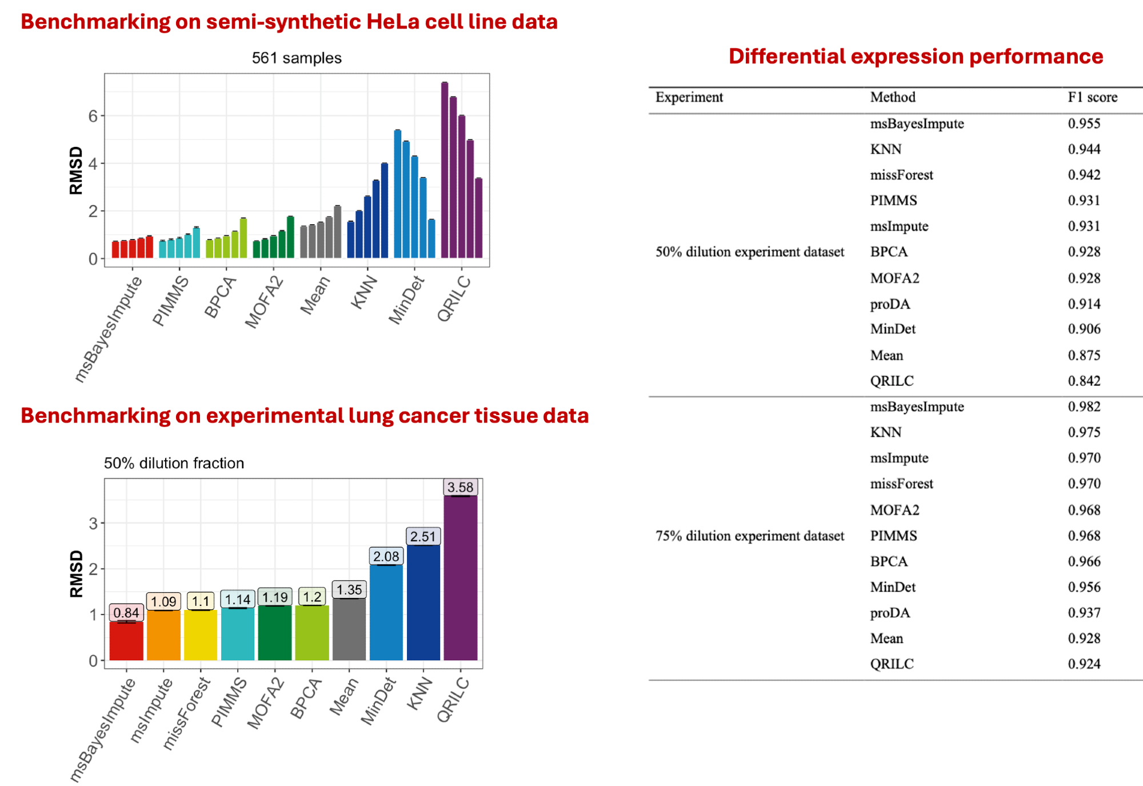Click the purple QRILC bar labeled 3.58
460,577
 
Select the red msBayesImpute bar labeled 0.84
126,640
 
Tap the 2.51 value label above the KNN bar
423,536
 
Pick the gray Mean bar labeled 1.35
349,629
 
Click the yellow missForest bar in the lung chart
201,635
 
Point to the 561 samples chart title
297,58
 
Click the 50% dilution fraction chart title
174,463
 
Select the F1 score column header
1092,97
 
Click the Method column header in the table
892,97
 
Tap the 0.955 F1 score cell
1084,123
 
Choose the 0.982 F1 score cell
1084,406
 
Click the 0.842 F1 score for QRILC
1084,381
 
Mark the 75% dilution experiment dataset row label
749,536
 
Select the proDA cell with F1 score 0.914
890,304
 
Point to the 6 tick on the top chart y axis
93,116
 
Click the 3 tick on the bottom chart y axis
93,523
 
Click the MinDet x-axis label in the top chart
407,300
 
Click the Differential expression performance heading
916,56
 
